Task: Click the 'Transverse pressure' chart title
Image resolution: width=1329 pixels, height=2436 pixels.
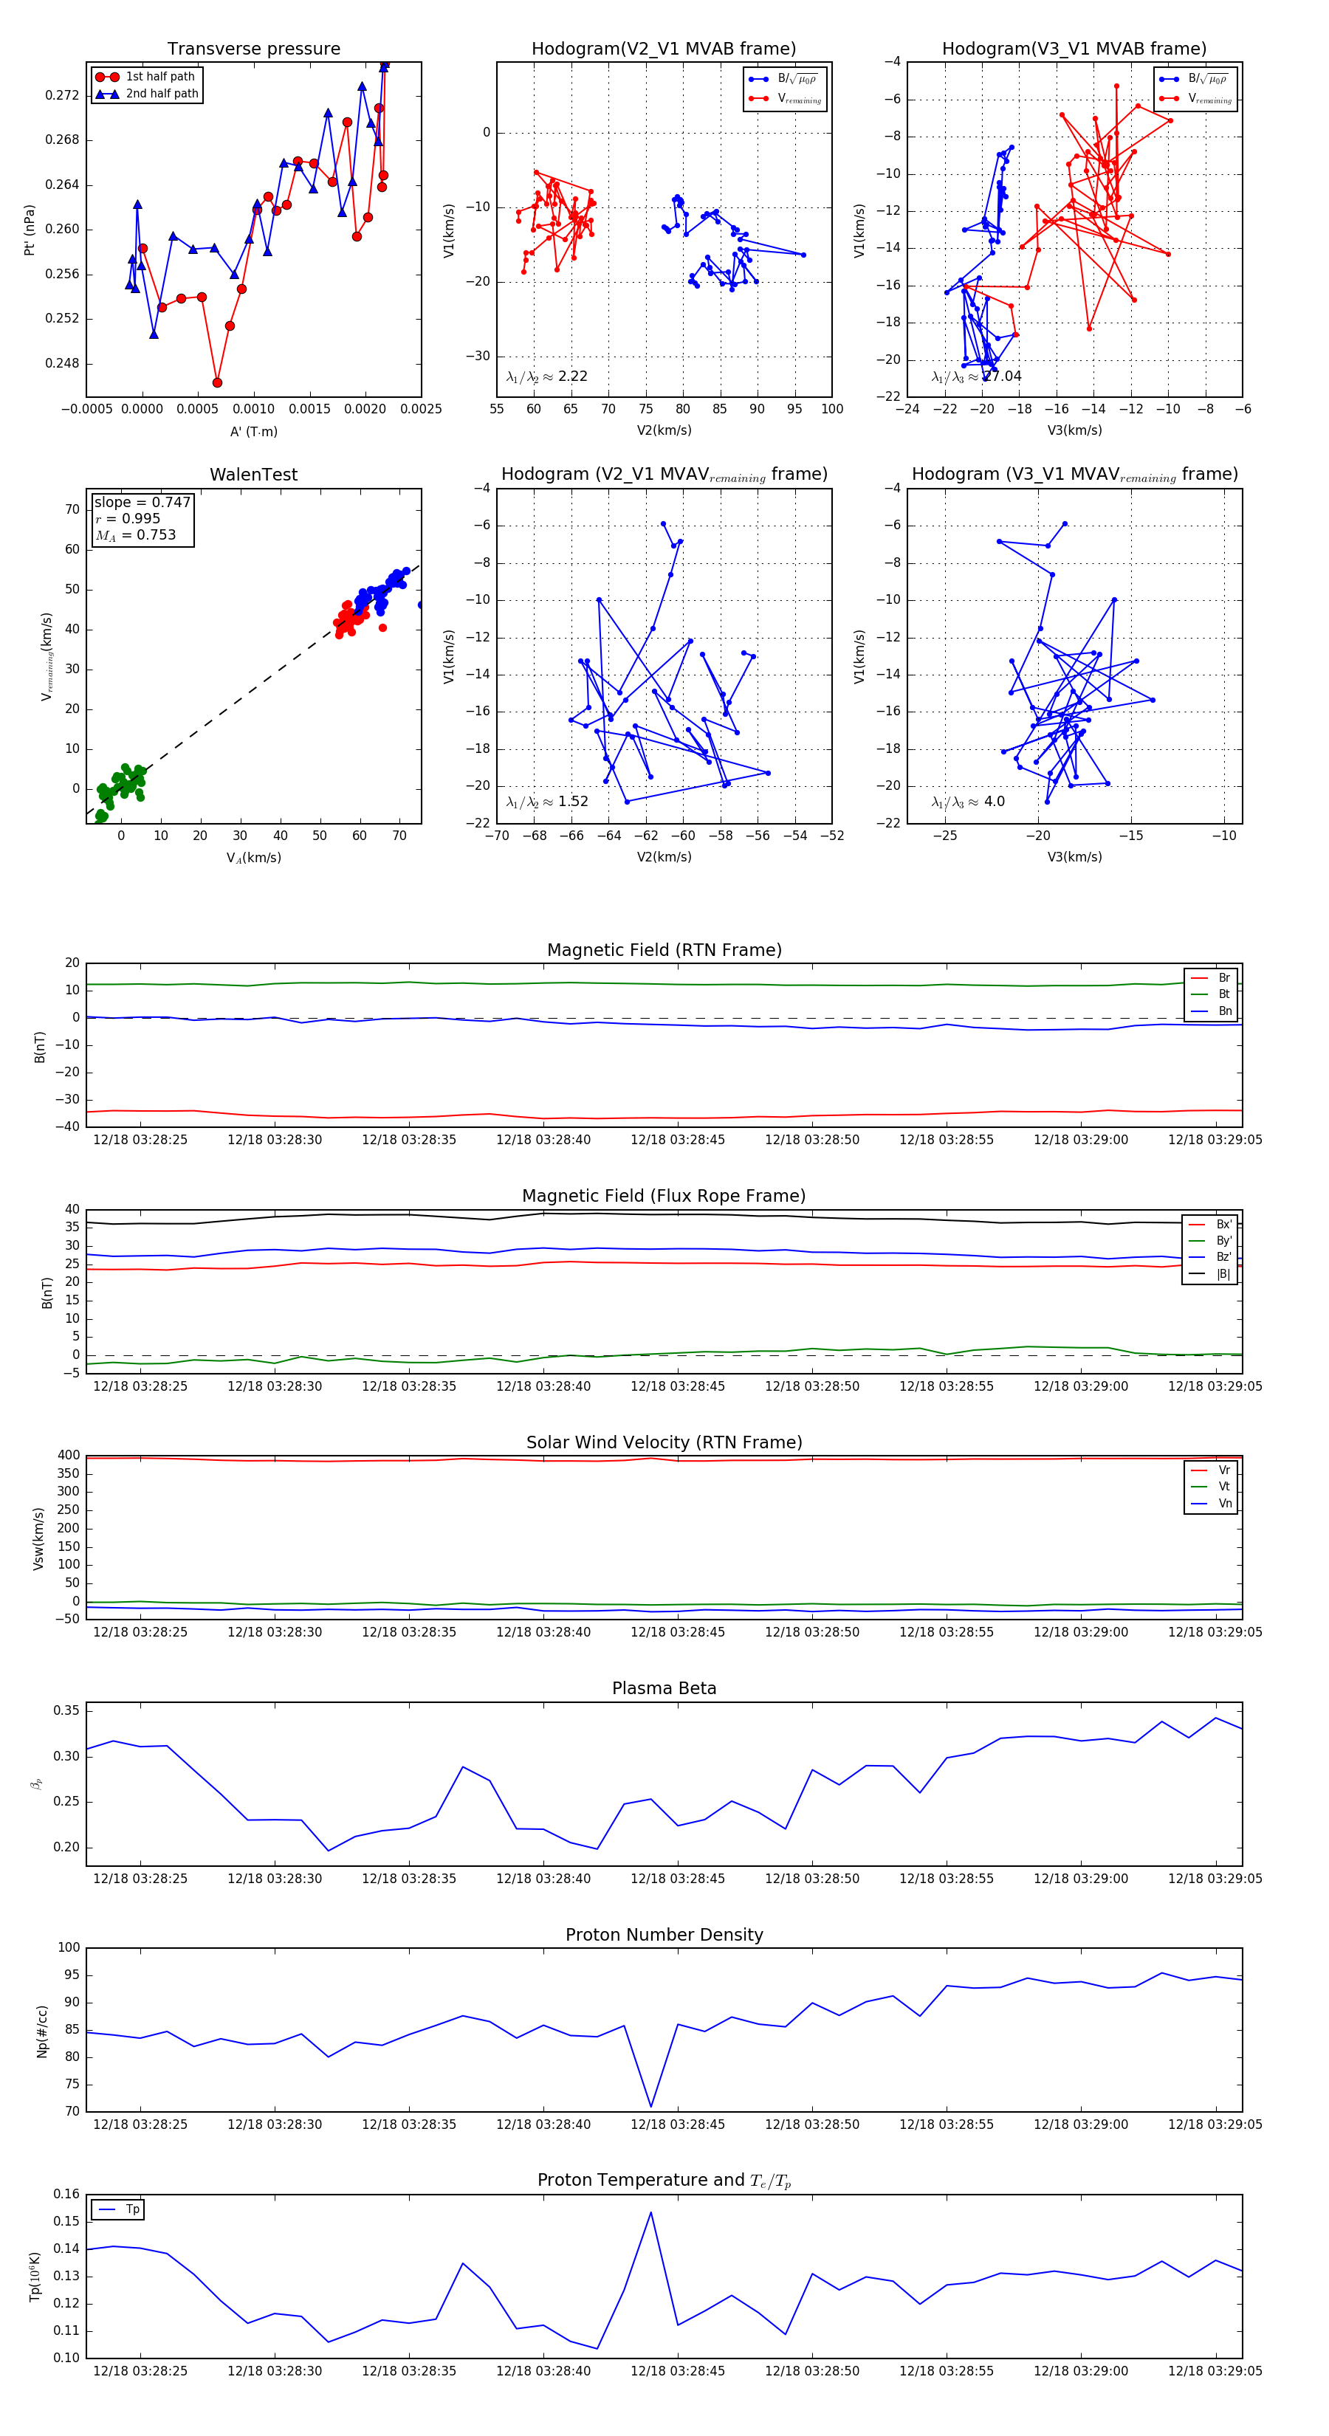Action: tap(253, 49)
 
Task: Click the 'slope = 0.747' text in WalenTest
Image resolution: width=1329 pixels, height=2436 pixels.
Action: tap(142, 502)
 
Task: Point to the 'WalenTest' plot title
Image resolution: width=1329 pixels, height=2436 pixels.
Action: tap(253, 475)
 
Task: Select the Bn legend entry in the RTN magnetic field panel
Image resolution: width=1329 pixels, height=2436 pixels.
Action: tap(1224, 1011)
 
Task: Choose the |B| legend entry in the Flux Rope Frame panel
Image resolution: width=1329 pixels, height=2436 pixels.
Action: tap(1223, 1274)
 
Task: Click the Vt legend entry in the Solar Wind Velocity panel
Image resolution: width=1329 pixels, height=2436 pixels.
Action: tap(1224, 1487)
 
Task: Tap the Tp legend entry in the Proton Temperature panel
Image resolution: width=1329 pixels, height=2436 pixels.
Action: tap(132, 2209)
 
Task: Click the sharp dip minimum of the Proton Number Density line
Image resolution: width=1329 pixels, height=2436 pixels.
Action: tap(650, 2107)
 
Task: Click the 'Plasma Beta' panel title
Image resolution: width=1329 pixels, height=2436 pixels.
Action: tap(664, 1689)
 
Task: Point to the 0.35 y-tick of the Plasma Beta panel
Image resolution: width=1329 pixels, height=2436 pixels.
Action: tap(66, 1710)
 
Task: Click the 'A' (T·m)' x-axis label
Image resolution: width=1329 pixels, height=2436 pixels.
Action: tap(253, 431)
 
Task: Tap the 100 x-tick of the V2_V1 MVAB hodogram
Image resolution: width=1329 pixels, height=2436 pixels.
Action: tap(831, 408)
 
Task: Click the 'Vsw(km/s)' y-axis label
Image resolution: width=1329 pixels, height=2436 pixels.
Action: tap(39, 1538)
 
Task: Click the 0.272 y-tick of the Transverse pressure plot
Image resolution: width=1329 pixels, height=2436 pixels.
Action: tap(63, 95)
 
